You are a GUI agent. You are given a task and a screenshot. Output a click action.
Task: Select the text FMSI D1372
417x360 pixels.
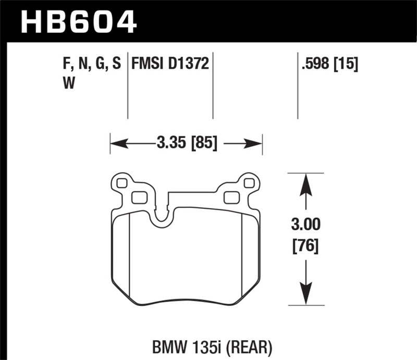[x=171, y=65]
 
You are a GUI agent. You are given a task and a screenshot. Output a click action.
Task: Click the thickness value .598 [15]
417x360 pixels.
[x=329, y=65]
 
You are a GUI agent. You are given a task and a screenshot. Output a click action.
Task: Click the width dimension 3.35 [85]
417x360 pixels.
[x=186, y=141]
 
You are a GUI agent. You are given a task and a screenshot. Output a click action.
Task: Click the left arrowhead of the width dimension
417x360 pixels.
[x=115, y=141]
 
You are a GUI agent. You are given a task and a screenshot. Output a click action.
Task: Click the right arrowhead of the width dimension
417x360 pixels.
[x=256, y=141]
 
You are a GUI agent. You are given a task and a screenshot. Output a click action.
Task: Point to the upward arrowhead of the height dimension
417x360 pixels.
[x=306, y=183]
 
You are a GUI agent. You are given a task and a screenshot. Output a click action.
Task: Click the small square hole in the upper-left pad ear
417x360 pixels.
[x=122, y=183]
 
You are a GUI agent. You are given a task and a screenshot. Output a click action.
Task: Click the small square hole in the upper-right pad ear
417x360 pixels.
[x=249, y=183]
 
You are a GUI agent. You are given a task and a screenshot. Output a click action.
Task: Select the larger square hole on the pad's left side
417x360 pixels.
[x=138, y=197]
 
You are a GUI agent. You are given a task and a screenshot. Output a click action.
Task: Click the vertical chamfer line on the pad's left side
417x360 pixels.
[x=129, y=255]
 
